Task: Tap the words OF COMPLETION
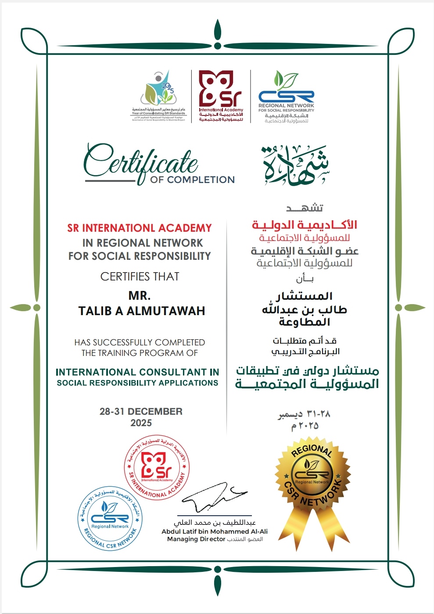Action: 192,180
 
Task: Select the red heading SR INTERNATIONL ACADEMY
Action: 140,228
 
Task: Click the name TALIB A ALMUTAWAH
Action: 142,311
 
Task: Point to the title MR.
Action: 140,295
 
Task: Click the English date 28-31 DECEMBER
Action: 141,411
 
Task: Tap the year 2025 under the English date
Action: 141,423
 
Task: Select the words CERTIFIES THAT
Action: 140,276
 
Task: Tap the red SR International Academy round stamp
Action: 157,469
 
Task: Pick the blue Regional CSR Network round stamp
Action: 110,518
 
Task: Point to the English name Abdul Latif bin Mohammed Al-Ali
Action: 215,531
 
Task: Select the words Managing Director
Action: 196,539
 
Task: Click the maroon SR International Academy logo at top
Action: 221,96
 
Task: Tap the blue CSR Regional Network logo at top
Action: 286,97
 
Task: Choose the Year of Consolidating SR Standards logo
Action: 159,96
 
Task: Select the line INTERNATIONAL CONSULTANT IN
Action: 137,372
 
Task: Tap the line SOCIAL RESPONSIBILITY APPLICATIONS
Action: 137,383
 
